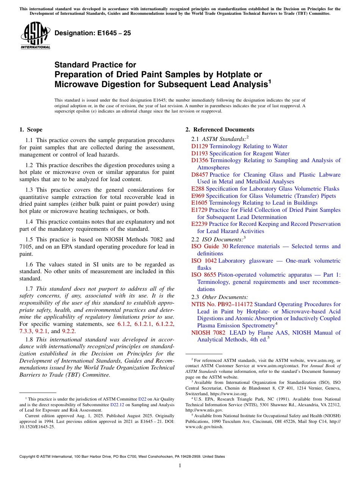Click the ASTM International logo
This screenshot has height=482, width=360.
(35, 36)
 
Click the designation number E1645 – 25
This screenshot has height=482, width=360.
(93, 33)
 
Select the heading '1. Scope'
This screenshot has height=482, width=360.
(31, 130)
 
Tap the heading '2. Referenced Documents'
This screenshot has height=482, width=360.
(220, 130)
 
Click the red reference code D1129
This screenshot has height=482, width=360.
(200, 146)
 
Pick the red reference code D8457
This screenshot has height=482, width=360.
(200, 175)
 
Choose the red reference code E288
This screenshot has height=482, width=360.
(198, 189)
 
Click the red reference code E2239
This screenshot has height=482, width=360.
(200, 224)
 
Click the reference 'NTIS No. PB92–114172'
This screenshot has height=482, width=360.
(222, 304)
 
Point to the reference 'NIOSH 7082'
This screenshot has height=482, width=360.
(208, 333)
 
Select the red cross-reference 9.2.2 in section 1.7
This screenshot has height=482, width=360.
(69, 331)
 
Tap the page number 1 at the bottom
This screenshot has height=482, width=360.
(180, 466)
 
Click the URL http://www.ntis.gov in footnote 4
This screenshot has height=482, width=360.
(204, 410)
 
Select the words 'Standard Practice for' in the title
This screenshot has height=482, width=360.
(95, 65)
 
